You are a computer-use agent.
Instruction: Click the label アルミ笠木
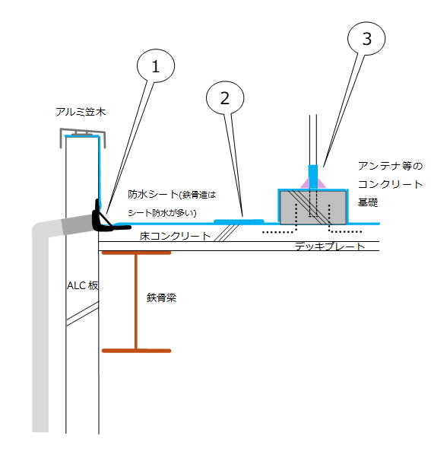tap(81, 112)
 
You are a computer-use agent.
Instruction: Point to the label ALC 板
tap(83, 285)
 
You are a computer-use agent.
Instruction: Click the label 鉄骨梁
tap(161, 297)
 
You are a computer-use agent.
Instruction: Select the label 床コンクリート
tap(175, 236)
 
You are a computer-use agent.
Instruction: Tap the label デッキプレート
tap(330, 246)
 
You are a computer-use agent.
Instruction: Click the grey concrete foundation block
tap(313, 208)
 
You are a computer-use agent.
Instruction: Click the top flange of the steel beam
tap(136, 253)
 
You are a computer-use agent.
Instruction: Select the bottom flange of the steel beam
tap(136, 351)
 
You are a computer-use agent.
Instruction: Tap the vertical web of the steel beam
tap(136, 302)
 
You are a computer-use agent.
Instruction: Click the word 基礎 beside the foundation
tap(367, 202)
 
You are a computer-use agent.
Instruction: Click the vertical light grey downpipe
tap(40, 327)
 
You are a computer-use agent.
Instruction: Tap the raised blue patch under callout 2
tap(239, 221)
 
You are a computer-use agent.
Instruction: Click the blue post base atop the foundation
tap(313, 177)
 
